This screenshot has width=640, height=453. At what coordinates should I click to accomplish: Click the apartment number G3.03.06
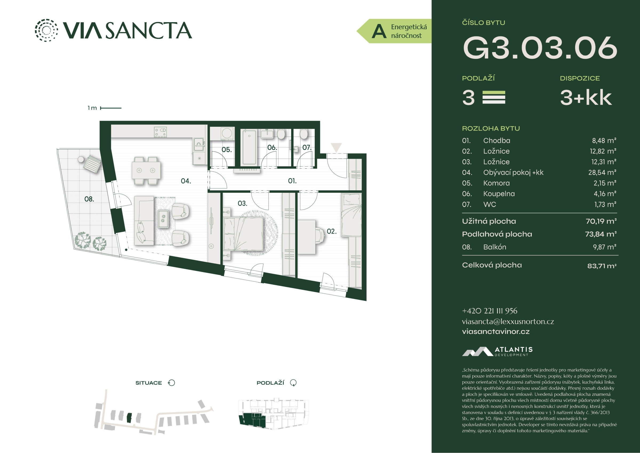coord(540,48)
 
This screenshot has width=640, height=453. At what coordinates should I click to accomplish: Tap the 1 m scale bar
coord(111,108)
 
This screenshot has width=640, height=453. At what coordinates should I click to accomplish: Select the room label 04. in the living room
coord(186,181)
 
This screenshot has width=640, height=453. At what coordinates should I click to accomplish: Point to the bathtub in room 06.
coord(249,147)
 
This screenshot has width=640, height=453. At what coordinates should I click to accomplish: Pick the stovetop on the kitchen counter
coord(161,132)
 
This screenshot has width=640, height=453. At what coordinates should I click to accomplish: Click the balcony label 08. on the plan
coord(89,199)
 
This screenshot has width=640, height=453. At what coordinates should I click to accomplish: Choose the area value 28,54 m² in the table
coord(602,172)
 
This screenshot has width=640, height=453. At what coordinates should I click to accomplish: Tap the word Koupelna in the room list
coord(499,194)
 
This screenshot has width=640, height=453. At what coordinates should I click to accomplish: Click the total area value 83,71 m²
coord(602,266)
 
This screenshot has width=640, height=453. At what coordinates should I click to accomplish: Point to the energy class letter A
coord(379,31)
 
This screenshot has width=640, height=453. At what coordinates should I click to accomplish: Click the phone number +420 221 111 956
coord(490,311)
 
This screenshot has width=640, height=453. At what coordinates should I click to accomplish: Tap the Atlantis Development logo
coord(497,351)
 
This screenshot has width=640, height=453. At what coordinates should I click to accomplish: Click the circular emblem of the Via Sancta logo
coord(46,30)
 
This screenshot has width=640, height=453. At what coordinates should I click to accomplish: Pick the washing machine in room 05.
coord(227,133)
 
